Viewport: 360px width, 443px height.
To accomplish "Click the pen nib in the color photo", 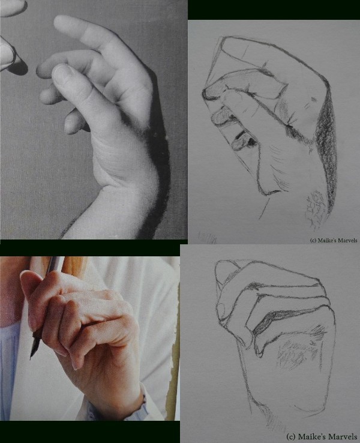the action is pos(34,346).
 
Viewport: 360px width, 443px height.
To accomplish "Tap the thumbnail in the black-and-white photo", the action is pos(61,71).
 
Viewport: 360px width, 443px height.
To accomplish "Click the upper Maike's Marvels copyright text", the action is pos(334,240).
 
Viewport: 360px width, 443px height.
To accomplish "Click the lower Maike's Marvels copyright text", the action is pos(322,436).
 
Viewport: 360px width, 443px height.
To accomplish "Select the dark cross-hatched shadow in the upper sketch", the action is pos(326,147).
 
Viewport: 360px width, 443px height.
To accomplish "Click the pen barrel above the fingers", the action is pos(55,264).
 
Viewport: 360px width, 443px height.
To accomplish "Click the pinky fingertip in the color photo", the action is pos(75,364).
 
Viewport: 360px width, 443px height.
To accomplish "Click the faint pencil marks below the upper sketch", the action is pos(208,238).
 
